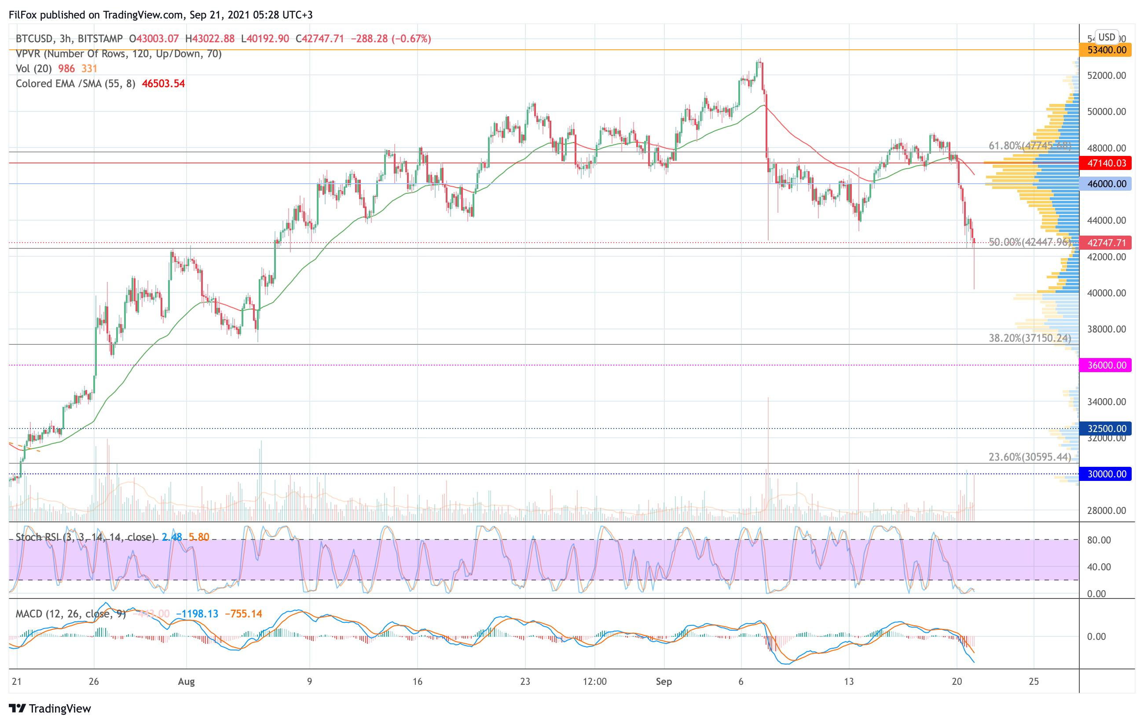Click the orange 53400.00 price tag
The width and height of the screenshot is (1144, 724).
point(1106,50)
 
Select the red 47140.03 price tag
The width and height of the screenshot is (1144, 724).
point(1106,163)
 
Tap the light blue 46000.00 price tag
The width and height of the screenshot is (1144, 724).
point(1106,184)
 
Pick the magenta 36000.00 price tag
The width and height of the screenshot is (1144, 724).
point(1106,365)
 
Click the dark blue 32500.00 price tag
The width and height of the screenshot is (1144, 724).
point(1106,428)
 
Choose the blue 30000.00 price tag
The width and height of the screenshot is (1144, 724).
point(1106,474)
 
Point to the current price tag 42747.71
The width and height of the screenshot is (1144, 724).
point(1106,243)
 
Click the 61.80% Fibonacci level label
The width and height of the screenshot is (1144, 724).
point(1030,145)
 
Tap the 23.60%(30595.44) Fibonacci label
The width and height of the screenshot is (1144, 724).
point(1030,457)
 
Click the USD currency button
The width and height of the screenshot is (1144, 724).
point(1107,37)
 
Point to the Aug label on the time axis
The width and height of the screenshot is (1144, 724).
point(186,681)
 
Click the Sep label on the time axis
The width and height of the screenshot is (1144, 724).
point(664,681)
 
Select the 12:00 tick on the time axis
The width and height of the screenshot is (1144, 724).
point(595,681)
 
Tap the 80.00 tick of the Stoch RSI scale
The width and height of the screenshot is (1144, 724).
point(1099,540)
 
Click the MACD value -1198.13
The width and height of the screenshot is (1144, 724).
point(197,614)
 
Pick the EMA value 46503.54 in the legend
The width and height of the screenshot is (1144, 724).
point(163,84)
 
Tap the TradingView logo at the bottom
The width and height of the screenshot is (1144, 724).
point(50,708)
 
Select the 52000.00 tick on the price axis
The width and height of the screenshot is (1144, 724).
point(1107,76)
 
